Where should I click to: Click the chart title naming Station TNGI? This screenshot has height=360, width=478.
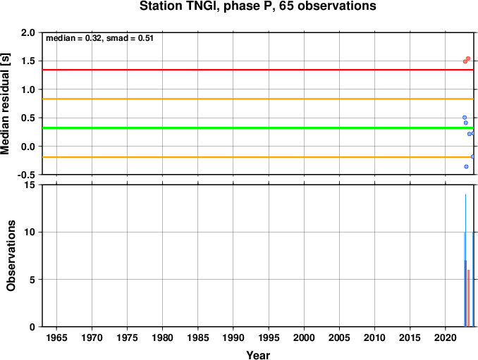coord(257,6)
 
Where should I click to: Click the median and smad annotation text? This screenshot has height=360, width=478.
coord(99,38)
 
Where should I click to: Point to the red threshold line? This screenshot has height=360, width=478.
coord(258,70)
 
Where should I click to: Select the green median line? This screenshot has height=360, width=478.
coord(258,128)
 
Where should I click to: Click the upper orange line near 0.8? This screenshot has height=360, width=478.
coord(258,99)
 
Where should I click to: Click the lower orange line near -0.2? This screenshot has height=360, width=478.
coord(258,157)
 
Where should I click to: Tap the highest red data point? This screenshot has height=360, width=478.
coord(468,58)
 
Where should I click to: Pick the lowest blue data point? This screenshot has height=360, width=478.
coord(466,166)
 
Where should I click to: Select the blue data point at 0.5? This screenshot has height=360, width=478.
coord(465,118)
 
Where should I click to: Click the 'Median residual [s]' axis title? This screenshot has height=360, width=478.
coord(6,104)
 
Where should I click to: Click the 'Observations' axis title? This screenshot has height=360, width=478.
coord(11,256)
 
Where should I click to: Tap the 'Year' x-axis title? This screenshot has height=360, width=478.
coord(258,355)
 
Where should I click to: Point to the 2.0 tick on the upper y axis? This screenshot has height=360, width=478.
coord(28,32)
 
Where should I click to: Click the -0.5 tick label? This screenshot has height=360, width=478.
coord(26,175)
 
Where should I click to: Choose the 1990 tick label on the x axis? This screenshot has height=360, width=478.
coord(233,337)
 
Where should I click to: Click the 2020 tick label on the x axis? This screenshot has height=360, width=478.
coord(446,337)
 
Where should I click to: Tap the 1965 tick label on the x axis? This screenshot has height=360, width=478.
coord(56,337)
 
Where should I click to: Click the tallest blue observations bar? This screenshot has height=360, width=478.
coord(465,261)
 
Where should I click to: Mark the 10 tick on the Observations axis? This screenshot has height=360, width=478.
coord(30,232)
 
